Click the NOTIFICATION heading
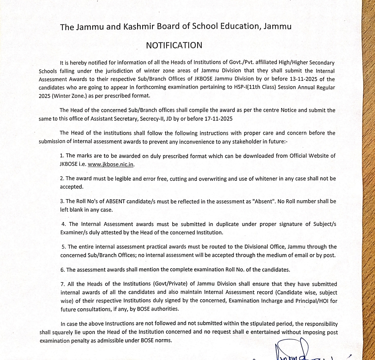click(174, 46)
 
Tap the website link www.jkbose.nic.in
click(111, 164)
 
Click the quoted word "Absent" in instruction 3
click(265, 201)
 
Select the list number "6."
click(62, 270)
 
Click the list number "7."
click(63, 284)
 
